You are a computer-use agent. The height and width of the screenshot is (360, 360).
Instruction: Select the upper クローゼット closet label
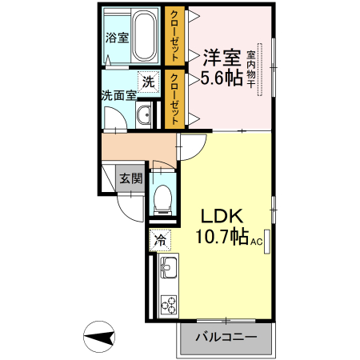tap(174, 35)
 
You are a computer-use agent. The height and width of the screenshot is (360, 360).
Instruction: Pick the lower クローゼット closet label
tap(174, 98)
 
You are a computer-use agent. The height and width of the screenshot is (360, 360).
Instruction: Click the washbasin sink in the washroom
tap(144, 117)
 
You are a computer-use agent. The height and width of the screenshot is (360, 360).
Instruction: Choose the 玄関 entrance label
tap(130, 178)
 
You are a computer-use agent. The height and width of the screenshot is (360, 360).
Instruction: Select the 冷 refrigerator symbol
tap(160, 238)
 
